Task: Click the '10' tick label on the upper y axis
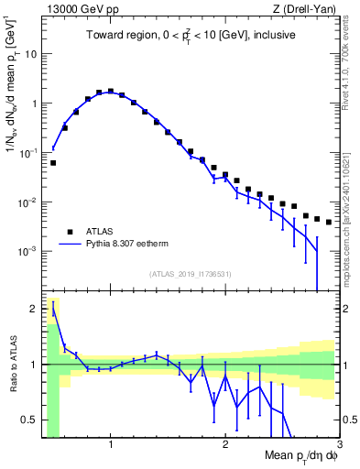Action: pyautogui.click(x=30, y=53)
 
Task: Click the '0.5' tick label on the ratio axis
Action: pyautogui.click(x=29, y=420)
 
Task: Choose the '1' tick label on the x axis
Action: pyautogui.click(x=111, y=446)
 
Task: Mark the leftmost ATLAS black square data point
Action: pyautogui.click(x=53, y=163)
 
